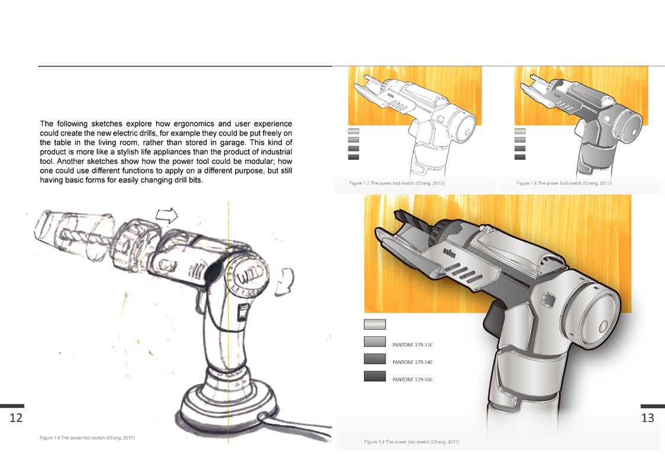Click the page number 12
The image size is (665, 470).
16,418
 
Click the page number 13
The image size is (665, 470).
647,418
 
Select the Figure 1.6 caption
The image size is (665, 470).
88,437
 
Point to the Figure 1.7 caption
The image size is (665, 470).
397,184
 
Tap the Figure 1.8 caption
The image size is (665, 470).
564,184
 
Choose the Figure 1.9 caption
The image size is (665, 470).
412,442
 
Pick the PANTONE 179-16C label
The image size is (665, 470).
413,379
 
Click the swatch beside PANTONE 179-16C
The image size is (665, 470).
374,376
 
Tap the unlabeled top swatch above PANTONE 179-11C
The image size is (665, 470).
374,324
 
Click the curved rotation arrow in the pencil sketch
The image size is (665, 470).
286,277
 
